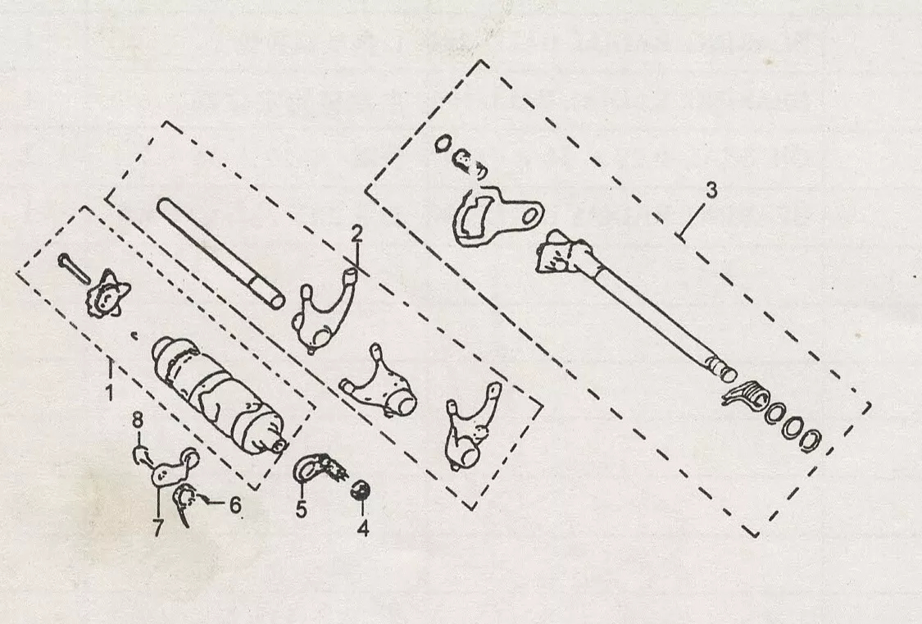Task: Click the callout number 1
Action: pyautogui.click(x=109, y=391)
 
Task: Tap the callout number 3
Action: pyautogui.click(x=711, y=190)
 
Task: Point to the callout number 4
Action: pyautogui.click(x=363, y=527)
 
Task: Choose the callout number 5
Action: pyautogui.click(x=301, y=509)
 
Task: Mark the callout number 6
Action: pyautogui.click(x=235, y=504)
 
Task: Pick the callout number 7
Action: pyautogui.click(x=157, y=527)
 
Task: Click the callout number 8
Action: pyautogui.click(x=138, y=420)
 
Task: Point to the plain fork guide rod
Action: pyautogui.click(x=220, y=253)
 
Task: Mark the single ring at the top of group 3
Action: pyautogui.click(x=443, y=144)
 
